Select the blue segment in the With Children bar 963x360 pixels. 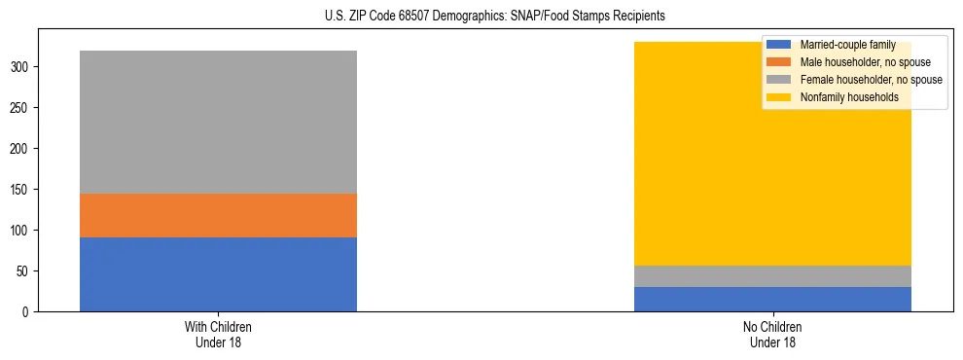[x=218, y=274]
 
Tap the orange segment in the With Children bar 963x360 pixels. [x=218, y=215]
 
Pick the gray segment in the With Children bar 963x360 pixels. [x=218, y=122]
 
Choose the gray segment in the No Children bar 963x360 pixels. [x=772, y=276]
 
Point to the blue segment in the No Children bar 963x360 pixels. [x=772, y=299]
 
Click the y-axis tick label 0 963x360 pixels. [x=27, y=312]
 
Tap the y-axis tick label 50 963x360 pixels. [x=24, y=271]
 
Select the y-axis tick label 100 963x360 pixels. [x=21, y=231]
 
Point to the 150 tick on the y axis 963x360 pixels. [x=21, y=190]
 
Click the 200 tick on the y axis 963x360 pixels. [x=21, y=149]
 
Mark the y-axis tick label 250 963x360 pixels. [x=21, y=108]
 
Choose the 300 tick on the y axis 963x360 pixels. [x=21, y=67]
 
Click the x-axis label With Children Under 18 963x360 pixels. [x=218, y=335]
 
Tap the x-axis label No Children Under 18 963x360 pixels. [x=772, y=335]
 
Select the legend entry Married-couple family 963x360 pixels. [x=846, y=45]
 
